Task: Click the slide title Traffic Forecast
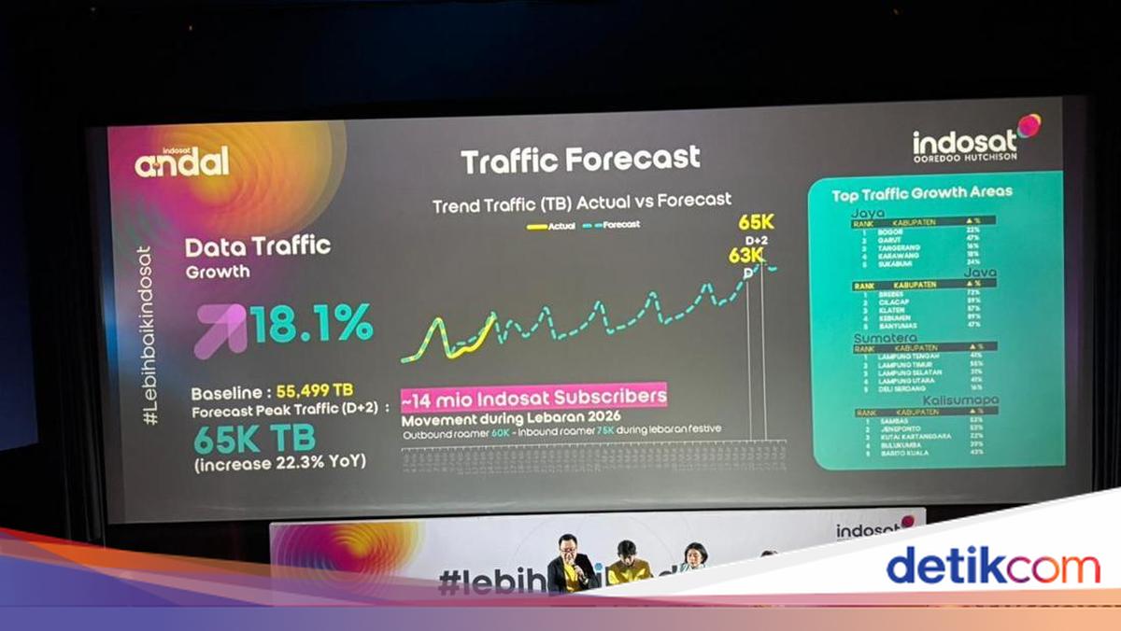tap(580, 160)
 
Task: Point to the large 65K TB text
tap(254, 437)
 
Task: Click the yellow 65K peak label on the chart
tap(756, 223)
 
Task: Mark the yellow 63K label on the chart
tap(746, 255)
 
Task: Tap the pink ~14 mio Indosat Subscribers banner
tap(533, 397)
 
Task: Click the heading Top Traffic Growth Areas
tap(922, 193)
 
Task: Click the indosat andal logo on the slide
tap(181, 162)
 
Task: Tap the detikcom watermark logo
tap(993, 567)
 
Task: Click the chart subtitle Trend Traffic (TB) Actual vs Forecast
tap(581, 201)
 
